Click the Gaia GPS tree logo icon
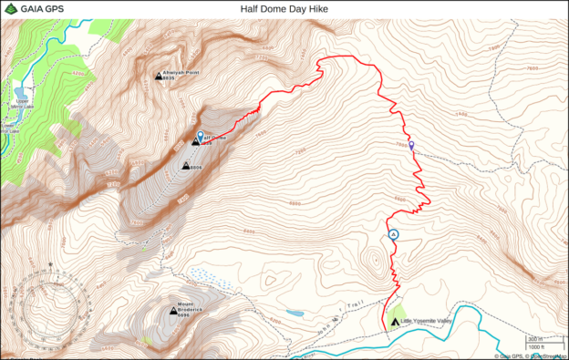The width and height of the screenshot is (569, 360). coord(9,9)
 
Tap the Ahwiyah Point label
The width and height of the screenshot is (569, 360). coord(181,72)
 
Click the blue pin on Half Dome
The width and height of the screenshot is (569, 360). coord(201,137)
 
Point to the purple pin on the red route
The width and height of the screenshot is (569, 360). coord(411,145)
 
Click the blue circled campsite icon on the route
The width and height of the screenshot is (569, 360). coord(394,235)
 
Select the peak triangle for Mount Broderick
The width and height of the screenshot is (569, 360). coord(173,312)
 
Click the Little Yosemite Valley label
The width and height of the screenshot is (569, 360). coord(427,321)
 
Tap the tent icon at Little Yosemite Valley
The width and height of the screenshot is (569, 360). coord(394,322)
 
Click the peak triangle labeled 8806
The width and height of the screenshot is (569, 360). coord(185,167)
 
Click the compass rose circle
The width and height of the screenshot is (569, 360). coord(52,303)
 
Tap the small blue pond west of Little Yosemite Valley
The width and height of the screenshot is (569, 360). coord(295,313)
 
